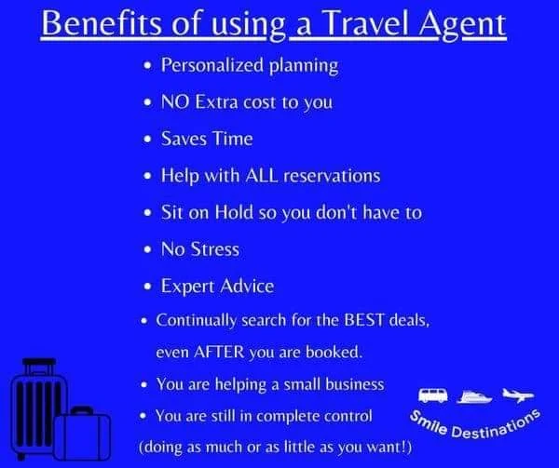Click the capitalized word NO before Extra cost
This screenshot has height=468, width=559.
(176, 102)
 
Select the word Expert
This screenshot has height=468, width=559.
(190, 285)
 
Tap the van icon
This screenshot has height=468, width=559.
(431, 395)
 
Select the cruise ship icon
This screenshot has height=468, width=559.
(473, 395)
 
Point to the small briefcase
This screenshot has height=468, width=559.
(82, 433)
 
